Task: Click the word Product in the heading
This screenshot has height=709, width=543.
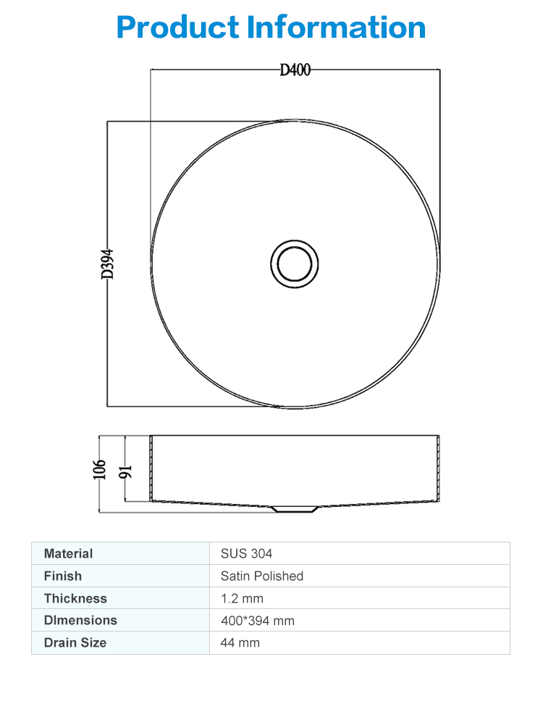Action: (x=177, y=27)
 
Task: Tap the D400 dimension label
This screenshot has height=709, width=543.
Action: (x=295, y=70)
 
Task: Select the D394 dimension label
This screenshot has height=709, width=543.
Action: (x=108, y=264)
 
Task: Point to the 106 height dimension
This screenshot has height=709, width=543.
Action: (x=99, y=469)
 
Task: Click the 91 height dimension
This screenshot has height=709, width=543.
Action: (x=125, y=471)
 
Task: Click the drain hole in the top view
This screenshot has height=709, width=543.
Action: (x=295, y=264)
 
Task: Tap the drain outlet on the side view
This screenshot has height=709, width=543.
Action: (x=295, y=509)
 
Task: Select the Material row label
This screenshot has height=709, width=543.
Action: (x=68, y=553)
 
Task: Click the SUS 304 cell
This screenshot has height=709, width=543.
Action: (x=246, y=553)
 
